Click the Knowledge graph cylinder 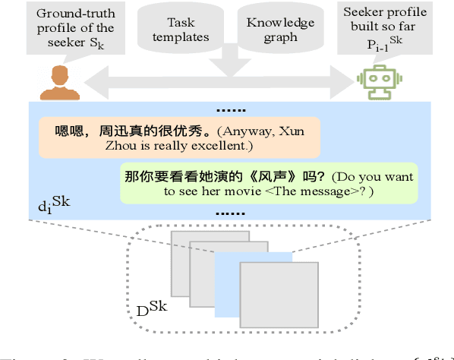[x=279, y=30]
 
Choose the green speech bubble [x=268, y=184]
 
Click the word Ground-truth [x=71, y=14]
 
